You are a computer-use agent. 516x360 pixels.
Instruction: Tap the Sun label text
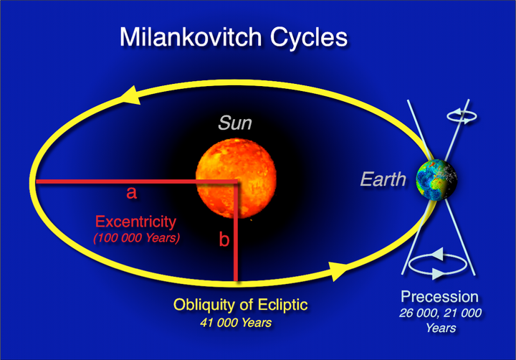pos(235,124)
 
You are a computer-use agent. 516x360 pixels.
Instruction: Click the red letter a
pos(131,194)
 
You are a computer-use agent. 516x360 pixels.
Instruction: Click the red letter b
pos(224,240)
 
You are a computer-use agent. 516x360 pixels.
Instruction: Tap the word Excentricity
pos(135,220)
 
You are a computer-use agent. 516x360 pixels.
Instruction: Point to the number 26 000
pos(419,313)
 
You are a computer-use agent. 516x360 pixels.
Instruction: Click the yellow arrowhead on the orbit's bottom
pos(337,271)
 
